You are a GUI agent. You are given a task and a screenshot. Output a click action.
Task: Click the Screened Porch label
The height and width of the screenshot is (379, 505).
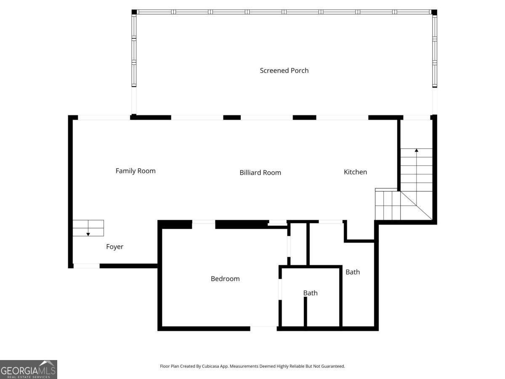284,71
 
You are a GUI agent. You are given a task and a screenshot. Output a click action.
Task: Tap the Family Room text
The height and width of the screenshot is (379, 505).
136,171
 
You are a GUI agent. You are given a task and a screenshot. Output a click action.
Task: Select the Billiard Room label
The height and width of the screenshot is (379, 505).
260,173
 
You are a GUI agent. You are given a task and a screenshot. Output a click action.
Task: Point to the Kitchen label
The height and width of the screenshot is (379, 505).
355,172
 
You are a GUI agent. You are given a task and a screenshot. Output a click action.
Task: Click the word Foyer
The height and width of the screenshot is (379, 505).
114,247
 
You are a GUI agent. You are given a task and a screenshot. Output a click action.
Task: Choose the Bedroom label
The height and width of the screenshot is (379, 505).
225,279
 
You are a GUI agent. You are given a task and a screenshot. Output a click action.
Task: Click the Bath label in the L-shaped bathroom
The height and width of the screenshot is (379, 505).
353,272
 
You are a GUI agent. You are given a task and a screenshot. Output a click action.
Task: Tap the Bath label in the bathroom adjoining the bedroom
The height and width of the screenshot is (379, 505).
310,293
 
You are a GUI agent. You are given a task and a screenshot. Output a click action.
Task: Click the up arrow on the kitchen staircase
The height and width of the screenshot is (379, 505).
416,150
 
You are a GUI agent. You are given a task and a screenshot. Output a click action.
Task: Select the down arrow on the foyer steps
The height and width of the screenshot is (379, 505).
88,233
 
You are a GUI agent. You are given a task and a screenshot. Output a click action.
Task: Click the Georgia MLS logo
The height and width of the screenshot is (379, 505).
29,369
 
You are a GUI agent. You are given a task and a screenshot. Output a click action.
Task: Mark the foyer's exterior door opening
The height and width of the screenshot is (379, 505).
86,266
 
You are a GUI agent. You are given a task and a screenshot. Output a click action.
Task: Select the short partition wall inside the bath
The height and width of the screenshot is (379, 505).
306,312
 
